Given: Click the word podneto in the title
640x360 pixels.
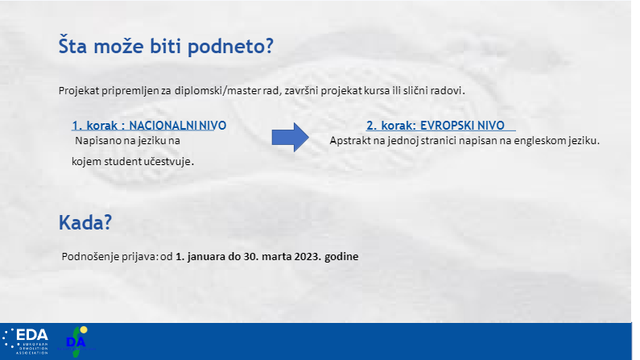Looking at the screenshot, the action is tap(230, 46).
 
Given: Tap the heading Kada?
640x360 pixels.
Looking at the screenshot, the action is tap(85, 222).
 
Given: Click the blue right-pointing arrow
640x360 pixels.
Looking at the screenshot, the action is tap(290, 137).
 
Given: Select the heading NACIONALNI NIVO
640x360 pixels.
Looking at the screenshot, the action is tap(178, 126).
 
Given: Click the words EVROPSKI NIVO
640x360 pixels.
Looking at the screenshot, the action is tap(462, 126).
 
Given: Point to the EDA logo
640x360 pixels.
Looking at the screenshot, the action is tap(25, 341).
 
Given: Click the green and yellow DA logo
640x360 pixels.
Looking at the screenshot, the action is tap(76, 341).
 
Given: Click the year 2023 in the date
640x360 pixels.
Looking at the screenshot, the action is tap(308, 256).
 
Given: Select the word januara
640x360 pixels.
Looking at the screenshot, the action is tap(204, 257).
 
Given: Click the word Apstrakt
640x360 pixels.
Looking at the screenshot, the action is tap(345, 141).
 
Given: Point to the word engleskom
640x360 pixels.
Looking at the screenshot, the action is tap(534, 141).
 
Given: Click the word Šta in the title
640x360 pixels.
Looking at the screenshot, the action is tap(72, 45).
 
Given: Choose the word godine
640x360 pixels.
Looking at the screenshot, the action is tap(341, 257).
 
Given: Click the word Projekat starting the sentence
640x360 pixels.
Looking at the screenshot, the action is tap(79, 91).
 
